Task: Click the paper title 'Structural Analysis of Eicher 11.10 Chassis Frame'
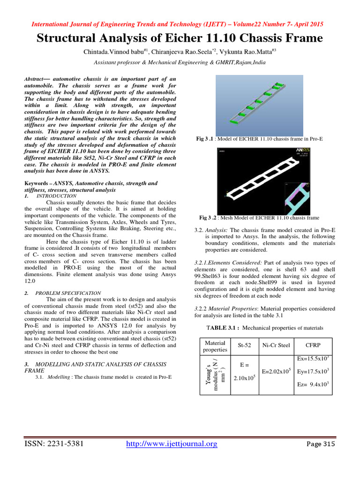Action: click(x=180, y=38)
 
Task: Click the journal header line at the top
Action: click(x=180, y=24)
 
